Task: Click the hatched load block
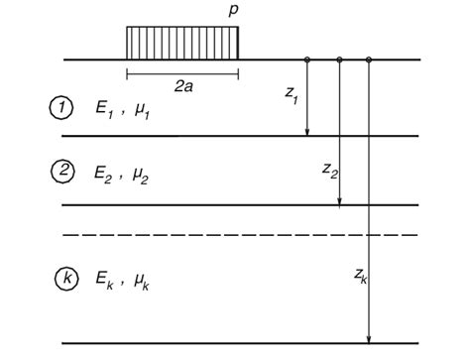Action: (182, 43)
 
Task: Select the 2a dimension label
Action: (183, 87)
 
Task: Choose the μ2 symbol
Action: (145, 176)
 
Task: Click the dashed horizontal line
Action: (238, 234)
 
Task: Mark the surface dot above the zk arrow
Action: (369, 60)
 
